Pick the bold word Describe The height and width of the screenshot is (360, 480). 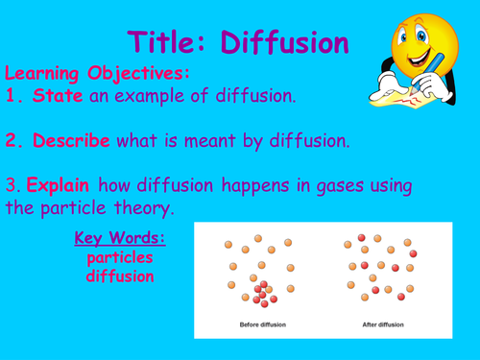pos(72,140)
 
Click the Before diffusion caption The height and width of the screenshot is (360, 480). pos(260,324)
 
